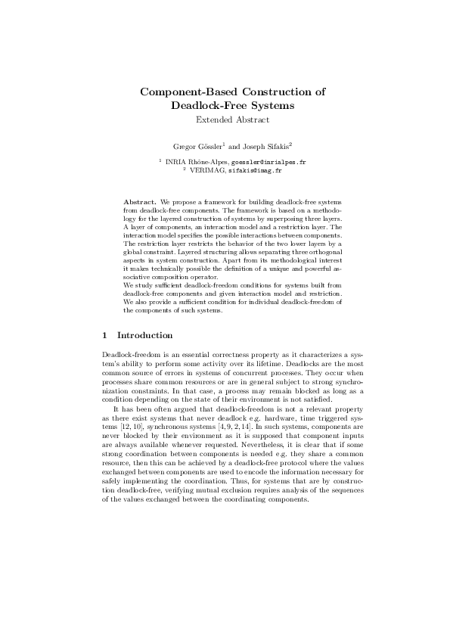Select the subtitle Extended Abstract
click(x=232, y=120)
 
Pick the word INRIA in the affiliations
click(x=175, y=162)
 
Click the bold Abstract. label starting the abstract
click(x=140, y=203)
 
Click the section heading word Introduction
click(x=145, y=335)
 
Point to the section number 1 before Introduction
click(x=104, y=335)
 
